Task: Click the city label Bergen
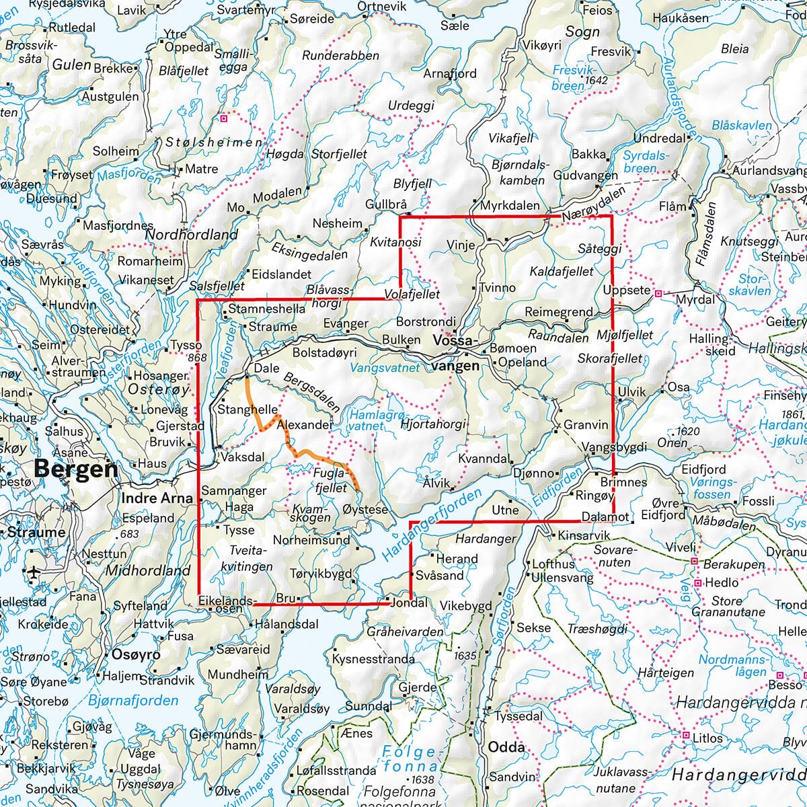point(75,468)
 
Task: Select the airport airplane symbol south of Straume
point(34,572)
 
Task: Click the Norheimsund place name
point(311,539)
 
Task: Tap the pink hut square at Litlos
point(685,736)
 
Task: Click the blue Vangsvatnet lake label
point(385,368)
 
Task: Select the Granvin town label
point(585,425)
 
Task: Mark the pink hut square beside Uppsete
point(658,293)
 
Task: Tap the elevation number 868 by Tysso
point(197,358)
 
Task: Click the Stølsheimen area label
point(214,143)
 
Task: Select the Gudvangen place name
point(585,176)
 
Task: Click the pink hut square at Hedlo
point(697,583)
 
